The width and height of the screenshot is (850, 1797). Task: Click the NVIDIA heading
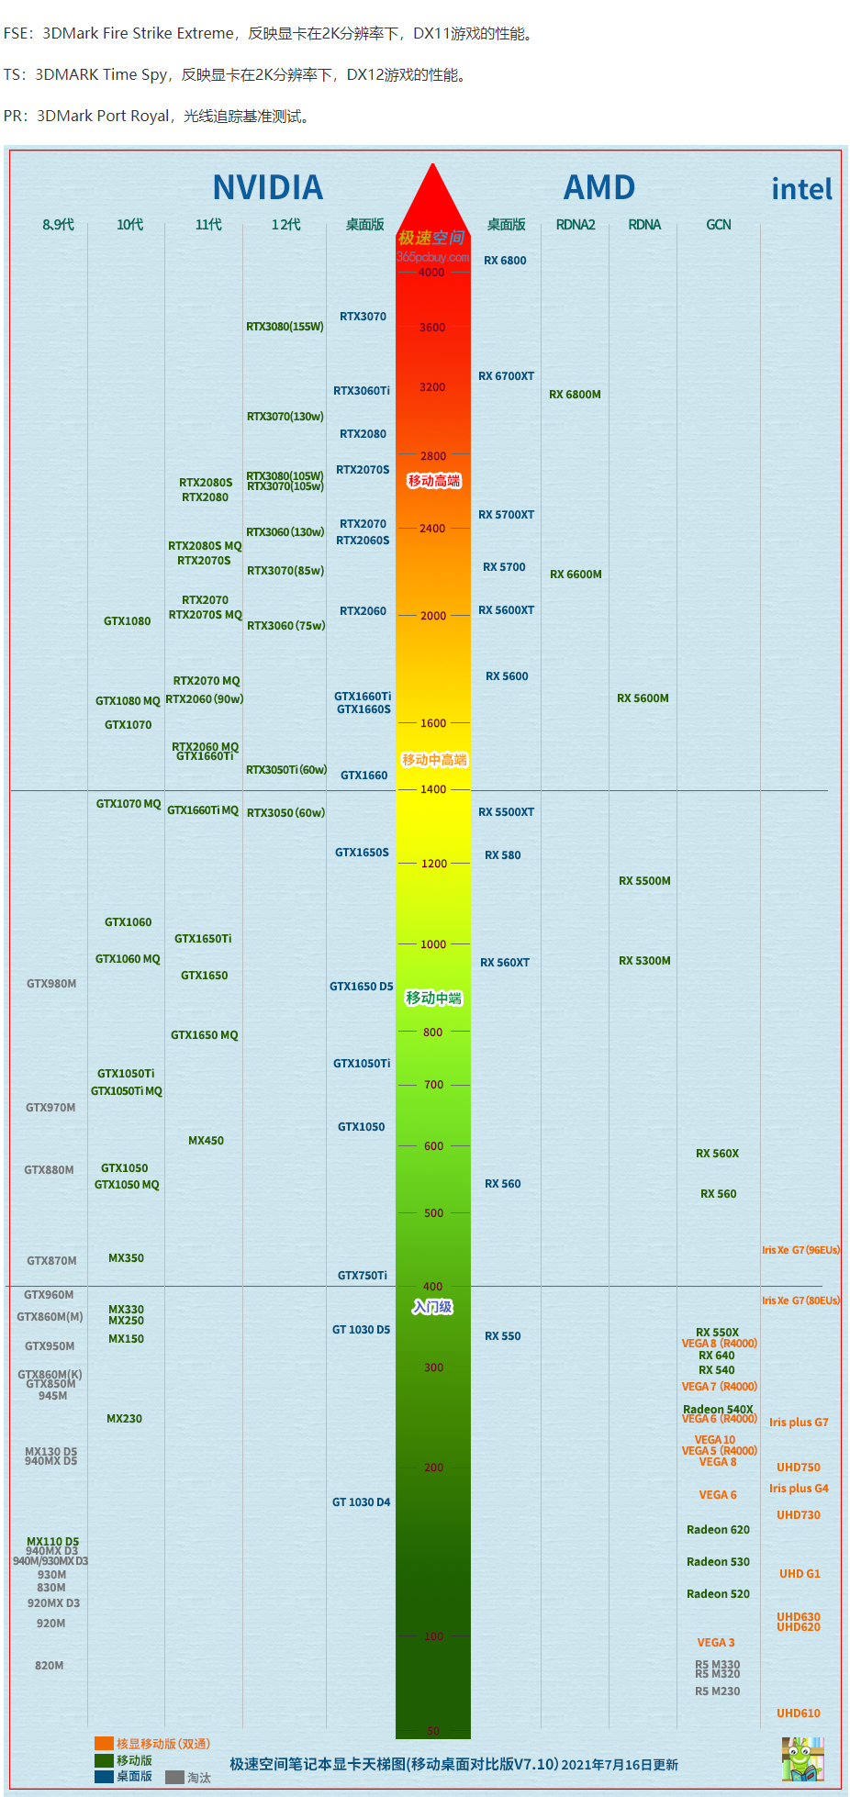tap(267, 187)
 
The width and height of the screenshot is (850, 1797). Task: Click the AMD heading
tap(598, 187)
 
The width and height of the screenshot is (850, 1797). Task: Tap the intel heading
tap(801, 189)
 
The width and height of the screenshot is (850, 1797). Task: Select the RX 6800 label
tap(505, 261)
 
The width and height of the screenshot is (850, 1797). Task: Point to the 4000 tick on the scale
tap(431, 273)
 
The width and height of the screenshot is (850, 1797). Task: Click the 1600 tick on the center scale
tap(433, 723)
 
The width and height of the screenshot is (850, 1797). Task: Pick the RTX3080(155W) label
tap(285, 327)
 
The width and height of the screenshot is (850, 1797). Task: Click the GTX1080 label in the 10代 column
tap(127, 621)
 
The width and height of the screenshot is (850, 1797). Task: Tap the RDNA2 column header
tap(576, 225)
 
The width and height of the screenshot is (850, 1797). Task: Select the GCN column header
tap(719, 225)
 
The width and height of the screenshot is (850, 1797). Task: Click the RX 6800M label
tap(575, 395)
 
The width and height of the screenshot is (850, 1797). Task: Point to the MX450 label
tap(206, 1141)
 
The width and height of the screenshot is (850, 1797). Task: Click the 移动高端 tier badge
tap(434, 481)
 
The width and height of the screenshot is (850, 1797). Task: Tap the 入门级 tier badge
tap(432, 1307)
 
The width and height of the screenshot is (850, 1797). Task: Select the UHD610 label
tap(798, 1713)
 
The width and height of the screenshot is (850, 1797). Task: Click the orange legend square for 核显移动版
tap(104, 1744)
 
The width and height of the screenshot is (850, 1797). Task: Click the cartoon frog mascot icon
tap(802, 1758)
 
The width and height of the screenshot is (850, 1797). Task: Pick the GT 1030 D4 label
tap(361, 1502)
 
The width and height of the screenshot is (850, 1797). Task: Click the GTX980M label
tap(51, 984)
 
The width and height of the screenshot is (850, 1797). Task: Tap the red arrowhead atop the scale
tap(432, 197)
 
